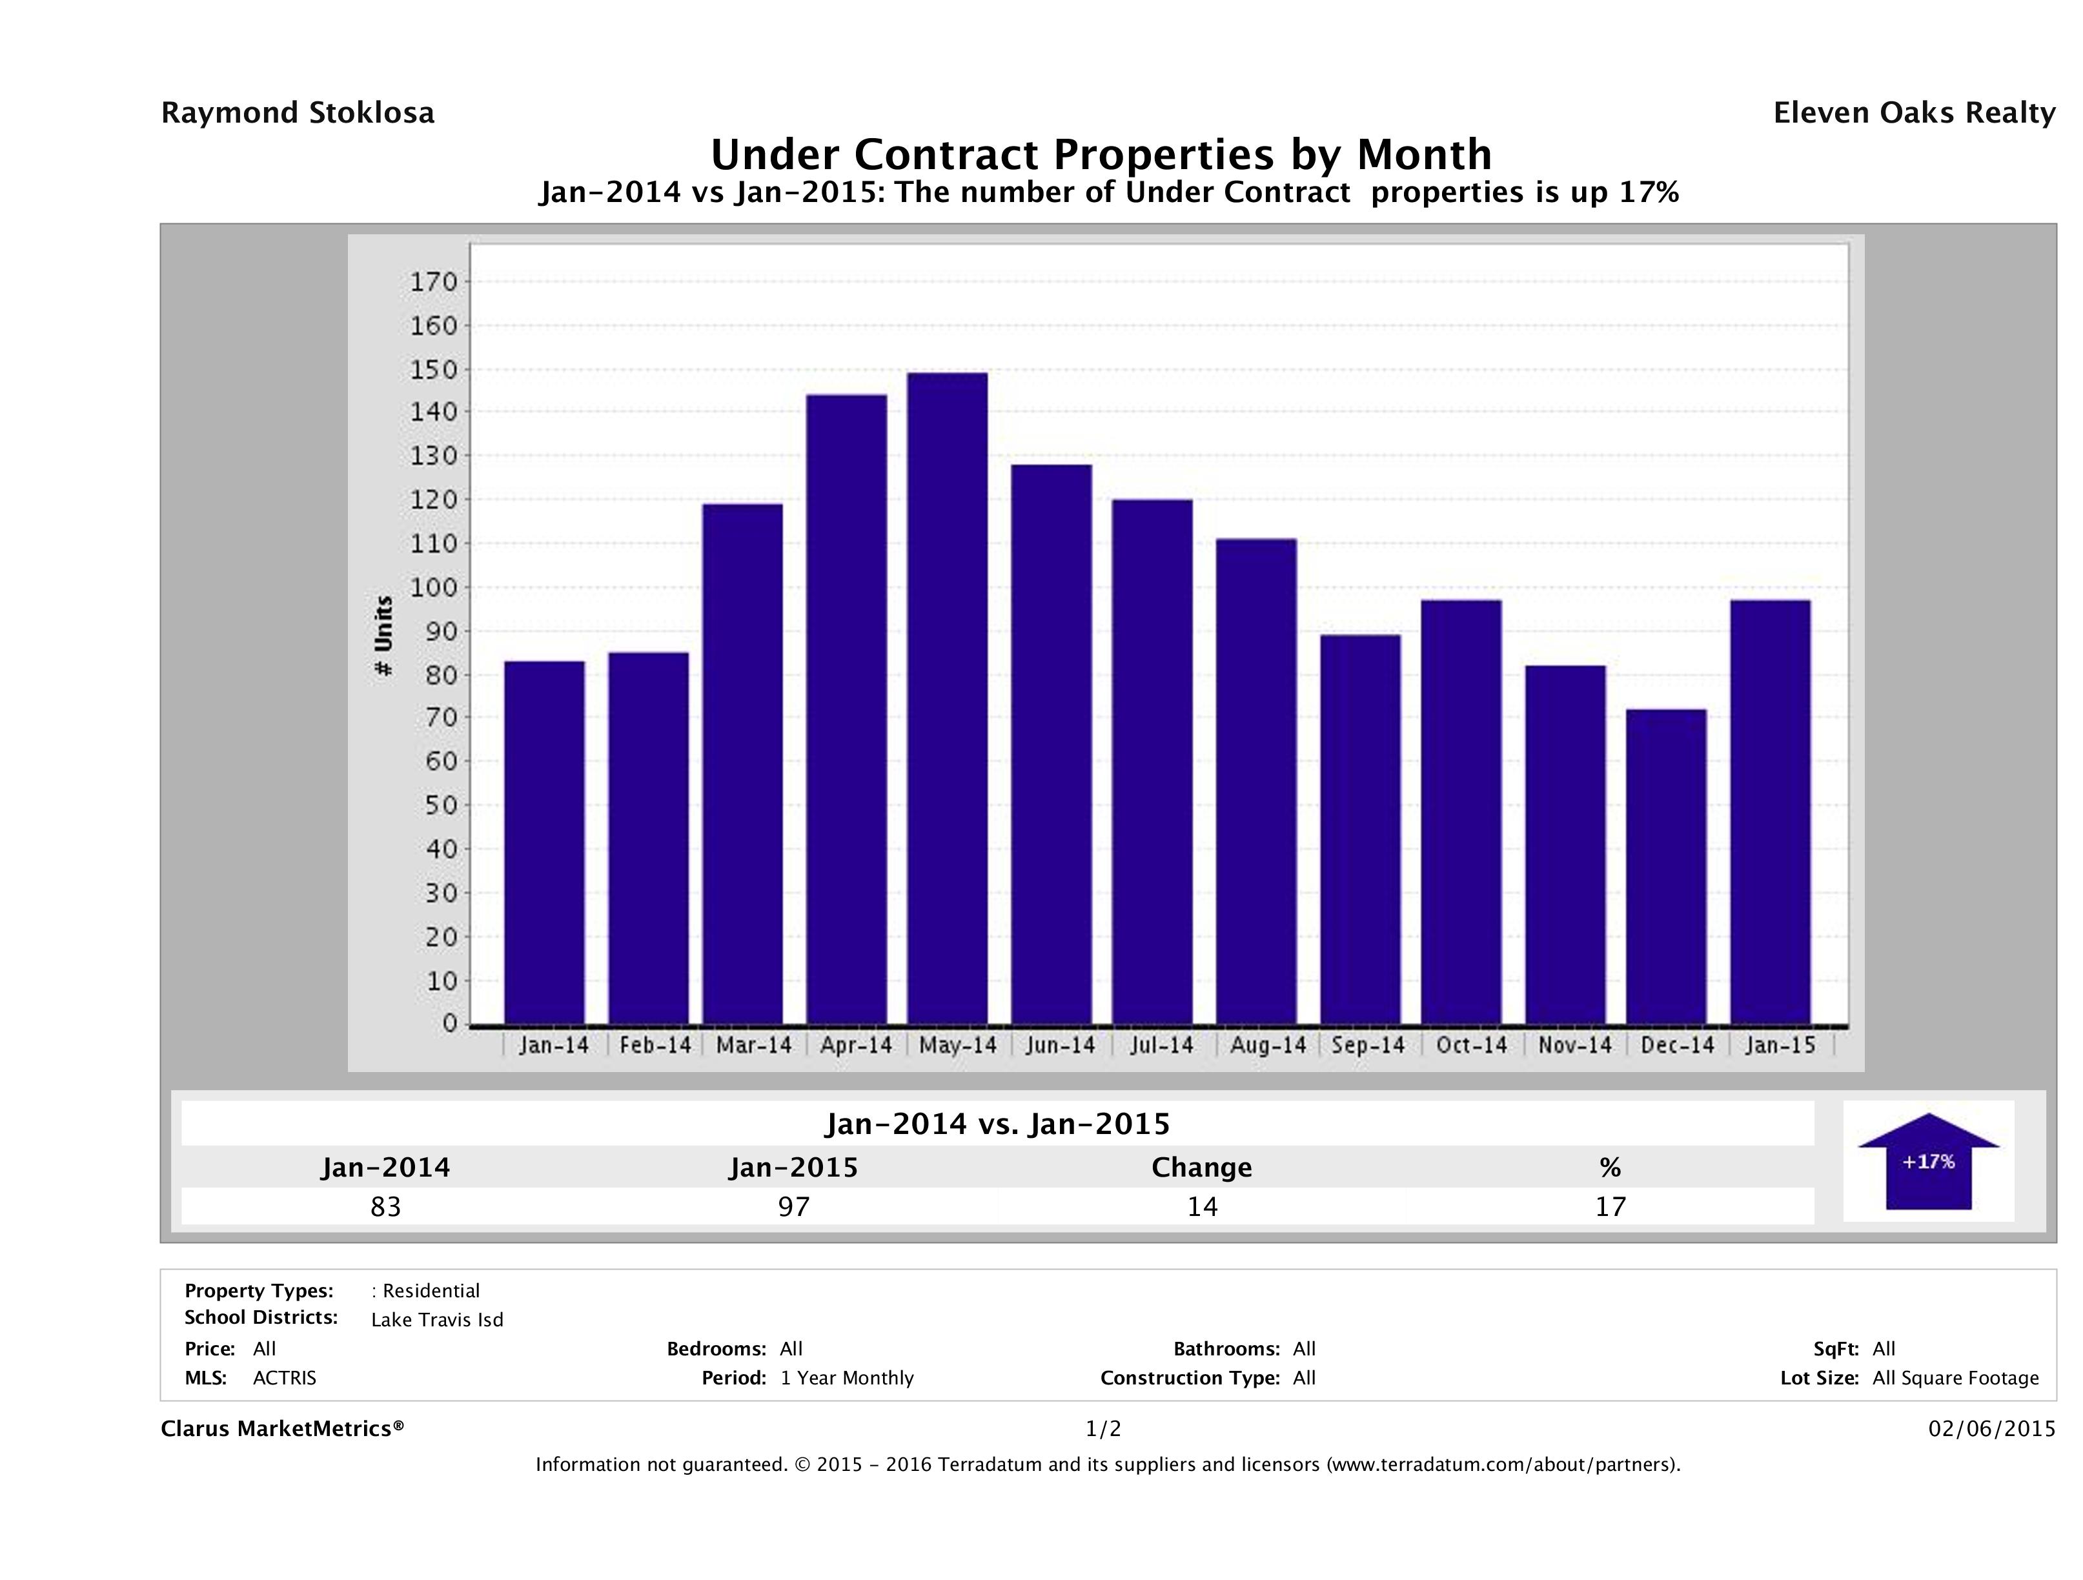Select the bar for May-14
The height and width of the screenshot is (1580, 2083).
(948, 698)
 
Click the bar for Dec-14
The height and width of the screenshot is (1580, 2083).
(1666, 866)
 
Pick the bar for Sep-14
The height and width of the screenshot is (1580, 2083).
(1360, 829)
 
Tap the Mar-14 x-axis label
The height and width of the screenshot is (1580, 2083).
(753, 1045)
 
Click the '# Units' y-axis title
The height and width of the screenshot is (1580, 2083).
(383, 636)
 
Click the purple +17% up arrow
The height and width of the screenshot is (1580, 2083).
(1927, 1161)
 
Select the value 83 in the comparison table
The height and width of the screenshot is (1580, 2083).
(386, 1206)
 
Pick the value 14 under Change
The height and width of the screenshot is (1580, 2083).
(1203, 1206)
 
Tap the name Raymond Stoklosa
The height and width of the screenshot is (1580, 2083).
(298, 113)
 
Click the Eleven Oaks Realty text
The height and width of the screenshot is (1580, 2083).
(1913, 113)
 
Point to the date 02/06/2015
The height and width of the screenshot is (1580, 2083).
(1991, 1428)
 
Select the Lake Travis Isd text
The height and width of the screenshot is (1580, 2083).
(437, 1320)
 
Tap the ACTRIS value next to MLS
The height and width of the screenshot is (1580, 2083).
(285, 1377)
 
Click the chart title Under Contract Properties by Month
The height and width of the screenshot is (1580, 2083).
(1101, 154)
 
